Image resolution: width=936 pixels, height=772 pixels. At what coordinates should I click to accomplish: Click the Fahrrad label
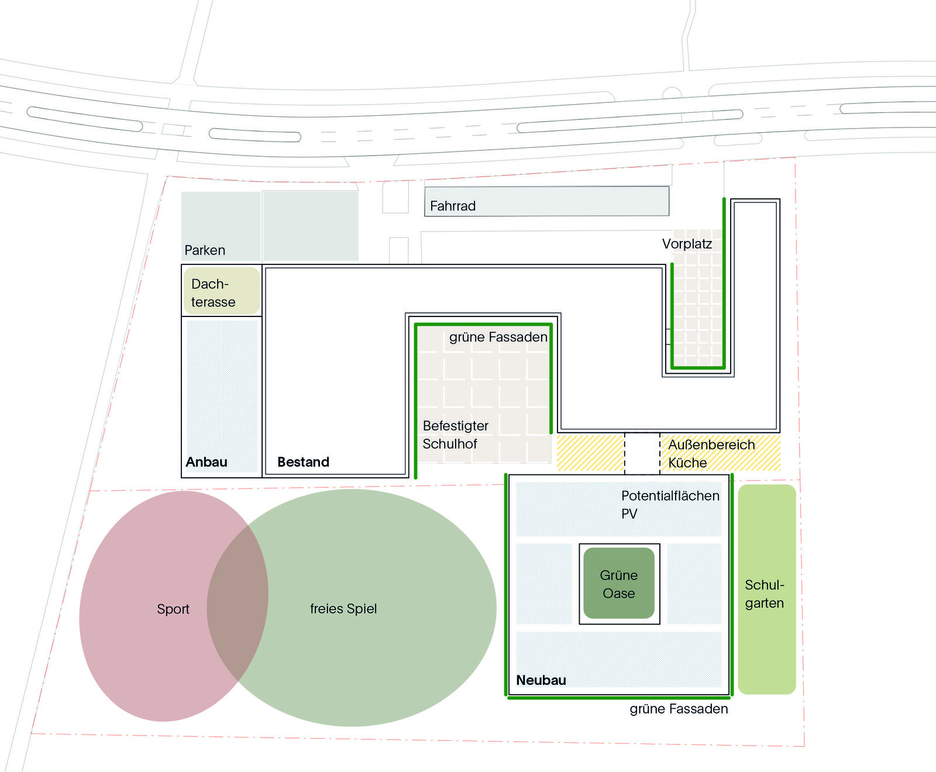click(452, 206)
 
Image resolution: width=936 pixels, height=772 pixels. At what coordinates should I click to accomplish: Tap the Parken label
click(205, 250)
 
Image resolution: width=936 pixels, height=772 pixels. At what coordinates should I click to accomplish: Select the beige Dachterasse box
click(222, 291)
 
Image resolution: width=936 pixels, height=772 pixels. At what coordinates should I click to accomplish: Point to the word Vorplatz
click(687, 244)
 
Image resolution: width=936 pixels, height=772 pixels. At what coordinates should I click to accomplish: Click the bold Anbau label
click(207, 462)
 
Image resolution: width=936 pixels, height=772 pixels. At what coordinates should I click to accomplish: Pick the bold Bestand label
click(303, 462)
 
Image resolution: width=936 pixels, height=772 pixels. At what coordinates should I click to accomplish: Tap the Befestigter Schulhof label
click(455, 435)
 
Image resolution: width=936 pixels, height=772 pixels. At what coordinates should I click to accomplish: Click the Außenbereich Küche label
click(711, 453)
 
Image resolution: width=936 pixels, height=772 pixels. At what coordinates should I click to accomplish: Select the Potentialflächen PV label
click(670, 505)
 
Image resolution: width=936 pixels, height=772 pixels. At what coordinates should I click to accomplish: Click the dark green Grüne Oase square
click(619, 583)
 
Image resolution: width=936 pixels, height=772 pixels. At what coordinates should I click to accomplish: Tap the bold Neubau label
click(541, 680)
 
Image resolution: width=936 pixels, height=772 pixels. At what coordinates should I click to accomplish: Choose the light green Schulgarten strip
click(767, 590)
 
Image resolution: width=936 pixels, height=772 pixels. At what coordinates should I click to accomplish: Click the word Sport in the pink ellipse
click(173, 609)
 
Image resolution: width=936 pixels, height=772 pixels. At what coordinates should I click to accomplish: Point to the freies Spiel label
click(343, 609)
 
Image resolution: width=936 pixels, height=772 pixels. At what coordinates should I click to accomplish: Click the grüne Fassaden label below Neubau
click(679, 709)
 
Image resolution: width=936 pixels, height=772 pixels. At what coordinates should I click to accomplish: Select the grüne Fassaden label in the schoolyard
click(498, 337)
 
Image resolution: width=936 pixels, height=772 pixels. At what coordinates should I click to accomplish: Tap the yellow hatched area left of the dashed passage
click(590, 452)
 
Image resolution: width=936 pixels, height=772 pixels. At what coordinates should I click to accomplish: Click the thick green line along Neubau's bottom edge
click(619, 698)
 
